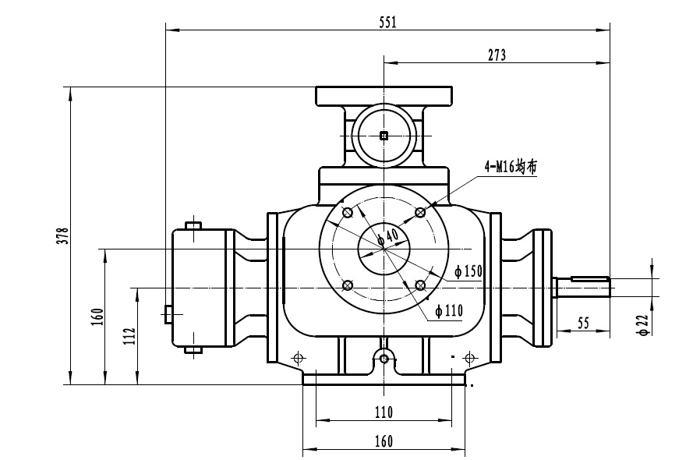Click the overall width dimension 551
[387, 23]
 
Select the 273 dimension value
[497, 55]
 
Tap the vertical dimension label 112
[129, 335]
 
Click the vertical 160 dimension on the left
[97, 317]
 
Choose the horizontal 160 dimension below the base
[383, 441]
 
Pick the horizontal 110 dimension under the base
[383, 412]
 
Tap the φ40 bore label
[387, 236]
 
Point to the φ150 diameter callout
[468, 271]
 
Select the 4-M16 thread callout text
[510, 167]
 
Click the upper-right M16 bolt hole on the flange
[420, 211]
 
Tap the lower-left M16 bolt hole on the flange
[348, 285]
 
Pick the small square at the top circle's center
[383, 136]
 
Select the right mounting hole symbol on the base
[468, 358]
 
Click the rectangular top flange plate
[384, 96]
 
